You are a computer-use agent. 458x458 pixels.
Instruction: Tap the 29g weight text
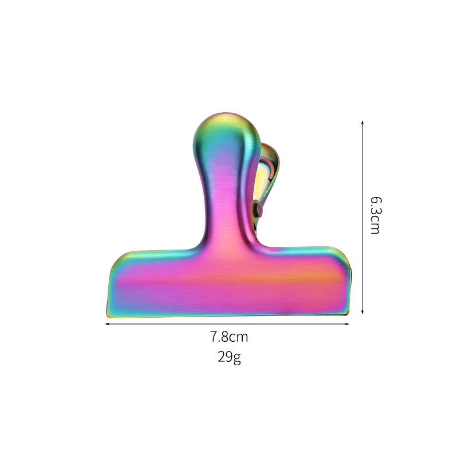[x=229, y=358]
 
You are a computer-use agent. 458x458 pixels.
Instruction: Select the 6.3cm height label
[x=375, y=215]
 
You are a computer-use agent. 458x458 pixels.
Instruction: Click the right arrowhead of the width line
[x=348, y=324]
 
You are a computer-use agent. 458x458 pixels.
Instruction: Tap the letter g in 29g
[x=237, y=359]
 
